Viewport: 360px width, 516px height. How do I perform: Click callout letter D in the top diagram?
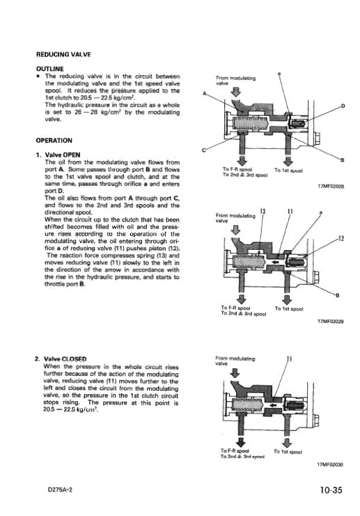pos(343,105)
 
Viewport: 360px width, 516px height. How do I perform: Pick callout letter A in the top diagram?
pos(205,93)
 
